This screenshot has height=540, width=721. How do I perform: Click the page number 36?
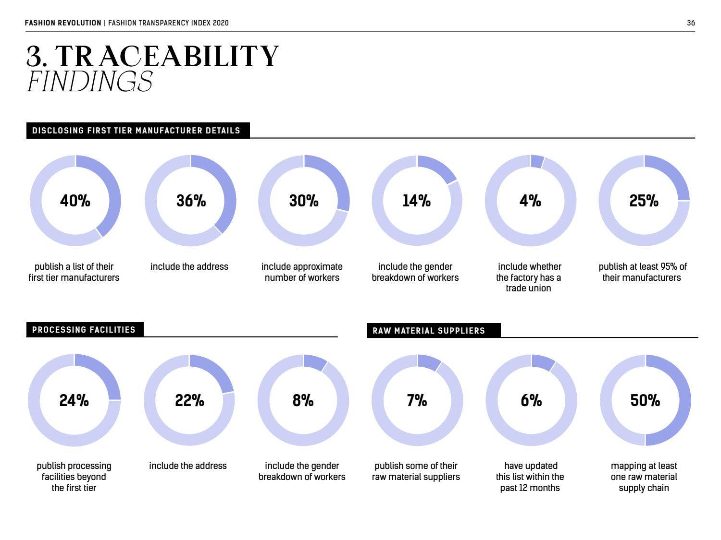(691, 23)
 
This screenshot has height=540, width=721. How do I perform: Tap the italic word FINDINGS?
(90, 81)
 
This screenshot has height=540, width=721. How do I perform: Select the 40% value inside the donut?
(75, 201)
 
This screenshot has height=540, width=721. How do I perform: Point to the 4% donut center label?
(530, 201)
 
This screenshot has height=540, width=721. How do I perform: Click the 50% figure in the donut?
(645, 400)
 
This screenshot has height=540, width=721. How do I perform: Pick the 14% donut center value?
(416, 201)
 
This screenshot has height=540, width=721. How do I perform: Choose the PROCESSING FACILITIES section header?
(84, 330)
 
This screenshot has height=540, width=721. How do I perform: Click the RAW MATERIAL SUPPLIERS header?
(429, 331)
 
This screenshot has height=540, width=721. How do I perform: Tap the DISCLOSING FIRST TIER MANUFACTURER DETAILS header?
(137, 131)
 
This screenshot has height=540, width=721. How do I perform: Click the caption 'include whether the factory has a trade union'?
(529, 277)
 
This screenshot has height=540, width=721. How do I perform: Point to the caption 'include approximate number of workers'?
(302, 272)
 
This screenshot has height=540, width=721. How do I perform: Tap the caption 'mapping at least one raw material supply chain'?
(644, 477)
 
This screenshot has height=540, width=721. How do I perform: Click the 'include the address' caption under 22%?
(188, 466)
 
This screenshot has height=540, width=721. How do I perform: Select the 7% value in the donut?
(417, 400)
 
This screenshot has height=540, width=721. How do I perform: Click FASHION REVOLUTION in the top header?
(63, 23)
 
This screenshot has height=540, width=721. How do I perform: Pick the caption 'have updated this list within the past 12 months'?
(530, 477)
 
